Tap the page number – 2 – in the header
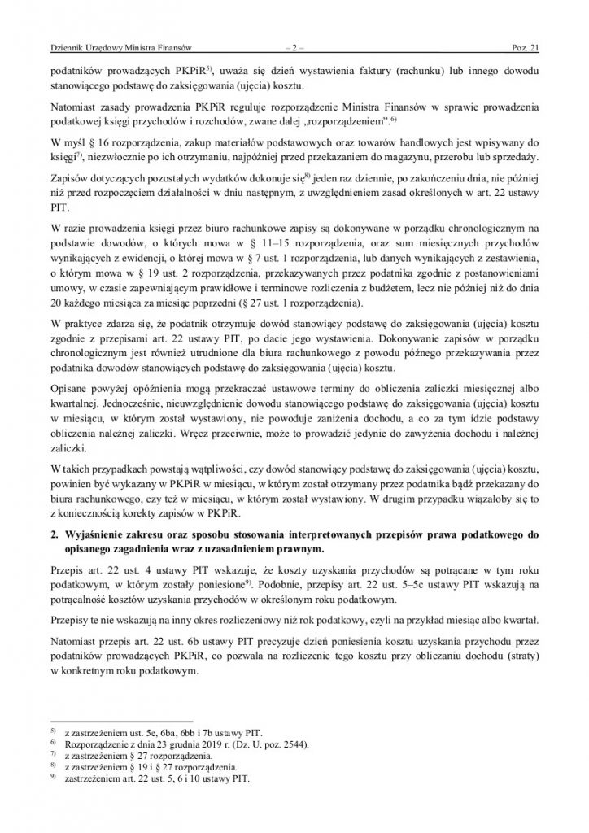point(294,48)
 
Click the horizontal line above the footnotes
point(121,722)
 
